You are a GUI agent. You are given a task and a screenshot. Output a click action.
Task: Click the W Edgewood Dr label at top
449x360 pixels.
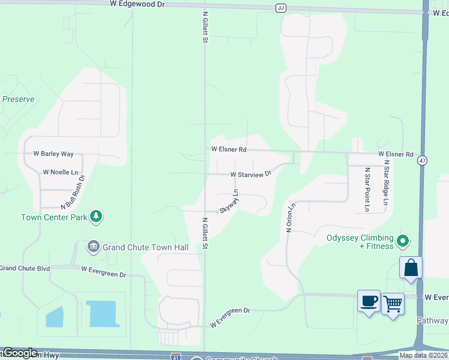click(137, 4)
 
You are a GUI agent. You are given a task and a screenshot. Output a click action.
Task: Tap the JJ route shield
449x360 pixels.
click(281, 8)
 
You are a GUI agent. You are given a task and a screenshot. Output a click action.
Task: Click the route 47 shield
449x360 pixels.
click(423, 160)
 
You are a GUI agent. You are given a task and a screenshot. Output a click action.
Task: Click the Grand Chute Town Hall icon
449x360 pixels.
click(93, 247)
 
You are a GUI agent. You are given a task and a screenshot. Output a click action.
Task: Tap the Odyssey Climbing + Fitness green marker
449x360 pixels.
click(403, 242)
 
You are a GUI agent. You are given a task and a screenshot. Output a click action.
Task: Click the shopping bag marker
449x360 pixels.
click(411, 268)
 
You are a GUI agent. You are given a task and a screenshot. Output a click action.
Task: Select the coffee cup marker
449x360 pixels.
click(369, 301)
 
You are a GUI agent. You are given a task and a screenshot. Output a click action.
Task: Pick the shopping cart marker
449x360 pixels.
click(393, 304)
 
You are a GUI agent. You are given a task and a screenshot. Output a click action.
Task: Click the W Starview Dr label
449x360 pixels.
click(251, 175)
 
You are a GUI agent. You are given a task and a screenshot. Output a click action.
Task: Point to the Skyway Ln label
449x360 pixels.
click(229, 202)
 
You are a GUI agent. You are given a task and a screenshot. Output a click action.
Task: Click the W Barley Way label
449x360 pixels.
click(53, 154)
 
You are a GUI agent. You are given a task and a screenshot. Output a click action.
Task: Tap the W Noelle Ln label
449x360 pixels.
click(61, 172)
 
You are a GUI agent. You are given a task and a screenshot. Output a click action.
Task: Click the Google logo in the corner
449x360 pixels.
click(20, 353)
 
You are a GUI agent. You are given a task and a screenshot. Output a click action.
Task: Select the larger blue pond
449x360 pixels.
click(104, 314)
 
